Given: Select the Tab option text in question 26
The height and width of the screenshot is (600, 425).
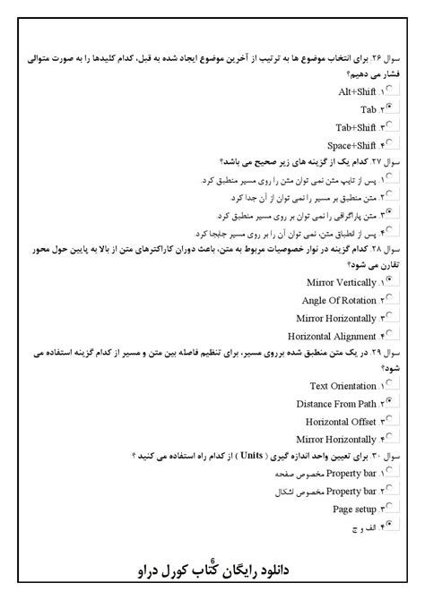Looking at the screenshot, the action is pos(364,109).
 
